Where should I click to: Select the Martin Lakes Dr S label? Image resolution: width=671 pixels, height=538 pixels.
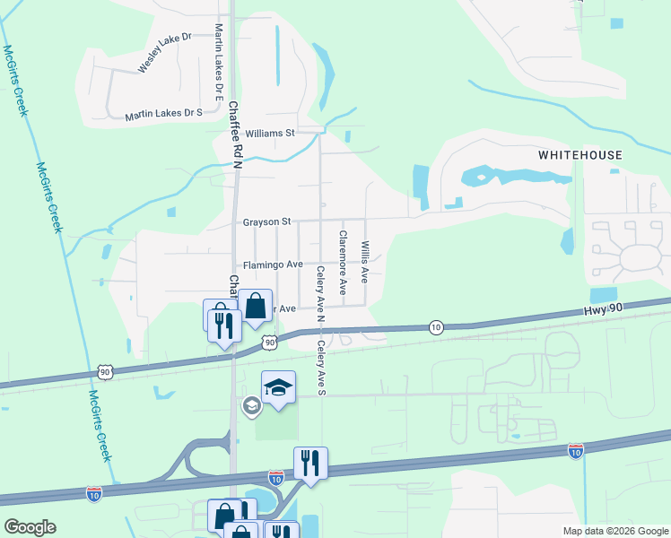coord(163,114)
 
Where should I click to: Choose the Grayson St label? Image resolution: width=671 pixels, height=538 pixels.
coord(266,221)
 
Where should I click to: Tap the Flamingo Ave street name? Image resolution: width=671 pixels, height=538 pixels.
coord(273,265)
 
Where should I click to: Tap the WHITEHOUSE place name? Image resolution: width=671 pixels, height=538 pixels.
coord(579,155)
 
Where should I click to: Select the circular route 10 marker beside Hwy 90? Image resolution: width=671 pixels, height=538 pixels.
coord(435,326)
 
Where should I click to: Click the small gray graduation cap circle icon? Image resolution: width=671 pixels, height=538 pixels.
coord(251,407)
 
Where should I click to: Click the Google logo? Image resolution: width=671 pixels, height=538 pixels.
coord(30,527)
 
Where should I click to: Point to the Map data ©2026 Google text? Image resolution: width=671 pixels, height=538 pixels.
coord(614,531)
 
